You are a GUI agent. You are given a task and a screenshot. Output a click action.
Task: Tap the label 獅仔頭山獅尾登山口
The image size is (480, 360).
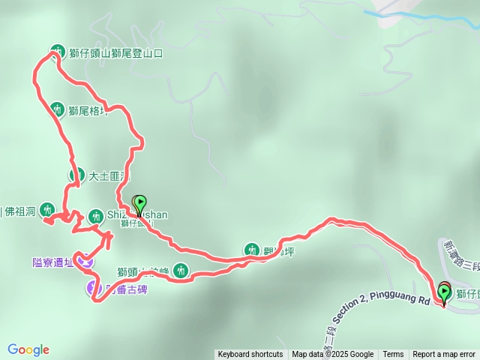pyautogui.click(x=115, y=53)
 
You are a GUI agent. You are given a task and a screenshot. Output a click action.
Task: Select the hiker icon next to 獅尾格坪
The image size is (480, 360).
pyautogui.click(x=57, y=109)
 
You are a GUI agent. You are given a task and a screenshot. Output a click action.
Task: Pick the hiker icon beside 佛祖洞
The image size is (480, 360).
pyautogui.click(x=48, y=209)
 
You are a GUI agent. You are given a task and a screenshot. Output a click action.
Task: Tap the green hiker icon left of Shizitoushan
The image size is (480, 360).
pyautogui.click(x=95, y=216)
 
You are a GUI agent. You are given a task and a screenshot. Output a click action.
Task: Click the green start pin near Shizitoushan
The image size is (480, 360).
pyautogui.click(x=139, y=204)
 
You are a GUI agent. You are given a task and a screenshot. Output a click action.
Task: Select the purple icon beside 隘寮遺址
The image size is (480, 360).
pyautogui.click(x=87, y=262)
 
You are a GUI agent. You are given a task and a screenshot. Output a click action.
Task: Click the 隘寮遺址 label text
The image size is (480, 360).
pyautogui.click(x=53, y=262)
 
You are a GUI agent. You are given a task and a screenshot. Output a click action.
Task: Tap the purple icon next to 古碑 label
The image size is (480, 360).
pyautogui.click(x=94, y=286)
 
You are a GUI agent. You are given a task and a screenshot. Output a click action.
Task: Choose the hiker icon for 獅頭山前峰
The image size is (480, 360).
pyautogui.click(x=181, y=271)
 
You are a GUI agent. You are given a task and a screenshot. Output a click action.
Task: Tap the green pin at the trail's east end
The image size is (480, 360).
pyautogui.click(x=444, y=293)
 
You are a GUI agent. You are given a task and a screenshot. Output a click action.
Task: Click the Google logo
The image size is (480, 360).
pyautogui.click(x=28, y=349)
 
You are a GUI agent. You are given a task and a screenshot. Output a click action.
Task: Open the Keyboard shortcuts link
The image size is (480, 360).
pyautogui.click(x=250, y=354)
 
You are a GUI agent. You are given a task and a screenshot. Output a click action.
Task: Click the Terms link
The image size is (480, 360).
pyautogui.click(x=393, y=354)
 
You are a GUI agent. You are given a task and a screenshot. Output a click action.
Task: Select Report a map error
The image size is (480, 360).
pyautogui.click(x=444, y=354)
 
